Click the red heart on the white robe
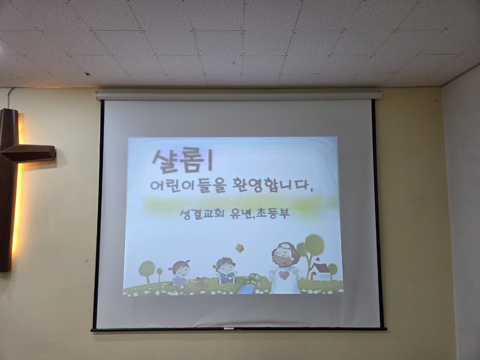click(284, 275)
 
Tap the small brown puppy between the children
click(202, 281)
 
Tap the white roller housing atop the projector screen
click(238, 96)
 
